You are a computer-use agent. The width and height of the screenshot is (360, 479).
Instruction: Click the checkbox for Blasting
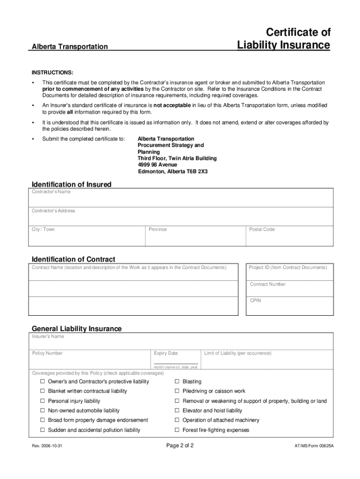click(177, 382)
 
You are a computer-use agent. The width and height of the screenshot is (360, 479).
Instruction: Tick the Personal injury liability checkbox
click(43, 401)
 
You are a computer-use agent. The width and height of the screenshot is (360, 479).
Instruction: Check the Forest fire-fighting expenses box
click(177, 430)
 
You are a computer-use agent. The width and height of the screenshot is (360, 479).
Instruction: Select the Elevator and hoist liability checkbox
click(177, 411)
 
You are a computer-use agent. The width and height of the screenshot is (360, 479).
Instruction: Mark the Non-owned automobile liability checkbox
click(43, 411)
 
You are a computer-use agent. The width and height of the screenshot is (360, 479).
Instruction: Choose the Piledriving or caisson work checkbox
click(177, 391)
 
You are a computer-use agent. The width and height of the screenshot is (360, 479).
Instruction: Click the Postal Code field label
click(262, 230)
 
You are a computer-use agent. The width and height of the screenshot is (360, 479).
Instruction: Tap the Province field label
click(158, 230)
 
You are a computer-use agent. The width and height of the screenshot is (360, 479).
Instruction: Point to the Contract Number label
click(268, 284)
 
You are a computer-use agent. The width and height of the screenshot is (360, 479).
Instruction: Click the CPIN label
click(256, 301)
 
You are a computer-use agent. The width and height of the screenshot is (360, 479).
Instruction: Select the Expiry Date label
click(166, 353)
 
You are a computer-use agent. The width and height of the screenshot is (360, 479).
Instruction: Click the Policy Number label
click(47, 353)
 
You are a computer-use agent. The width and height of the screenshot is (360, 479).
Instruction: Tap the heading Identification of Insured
click(72, 184)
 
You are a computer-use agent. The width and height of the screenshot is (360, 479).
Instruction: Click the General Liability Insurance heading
click(77, 328)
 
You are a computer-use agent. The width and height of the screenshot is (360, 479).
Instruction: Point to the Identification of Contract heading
click(73, 259)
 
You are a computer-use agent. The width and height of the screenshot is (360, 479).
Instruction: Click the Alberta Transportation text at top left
click(70, 47)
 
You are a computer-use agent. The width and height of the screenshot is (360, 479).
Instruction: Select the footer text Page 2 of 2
click(180, 445)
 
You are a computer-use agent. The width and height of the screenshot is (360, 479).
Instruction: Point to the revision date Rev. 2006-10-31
click(47, 446)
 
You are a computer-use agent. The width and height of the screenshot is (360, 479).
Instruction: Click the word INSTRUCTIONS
click(52, 73)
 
